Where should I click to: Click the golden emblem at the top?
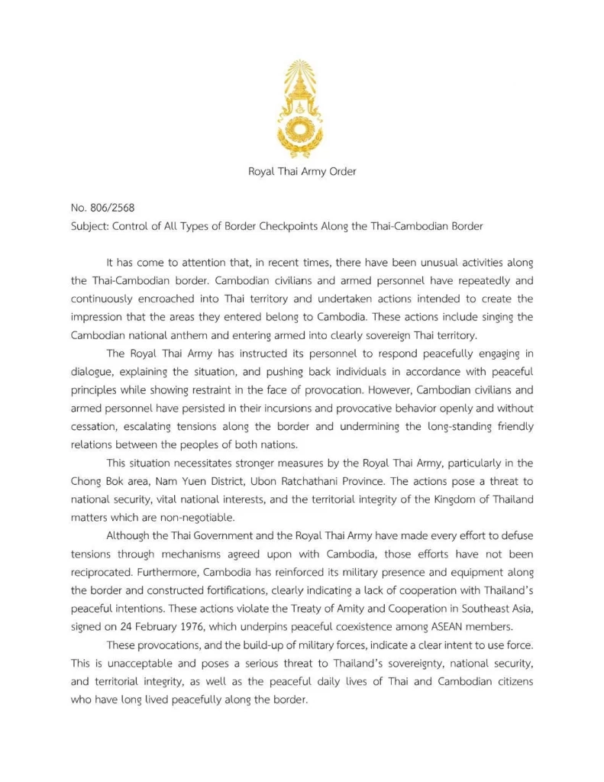(x=302, y=108)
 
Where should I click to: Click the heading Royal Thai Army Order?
(x=302, y=171)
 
